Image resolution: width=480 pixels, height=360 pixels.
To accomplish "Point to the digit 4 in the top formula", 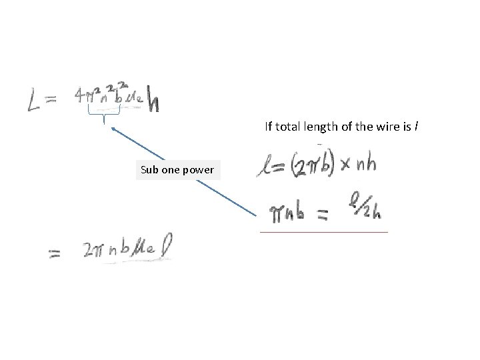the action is coord(81,97).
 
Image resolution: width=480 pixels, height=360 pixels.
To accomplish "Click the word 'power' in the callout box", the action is coord(198,170).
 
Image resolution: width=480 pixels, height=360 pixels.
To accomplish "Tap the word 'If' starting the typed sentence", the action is coord(269,126).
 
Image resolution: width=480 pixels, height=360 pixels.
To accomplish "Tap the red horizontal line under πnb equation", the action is coord(323,231).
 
